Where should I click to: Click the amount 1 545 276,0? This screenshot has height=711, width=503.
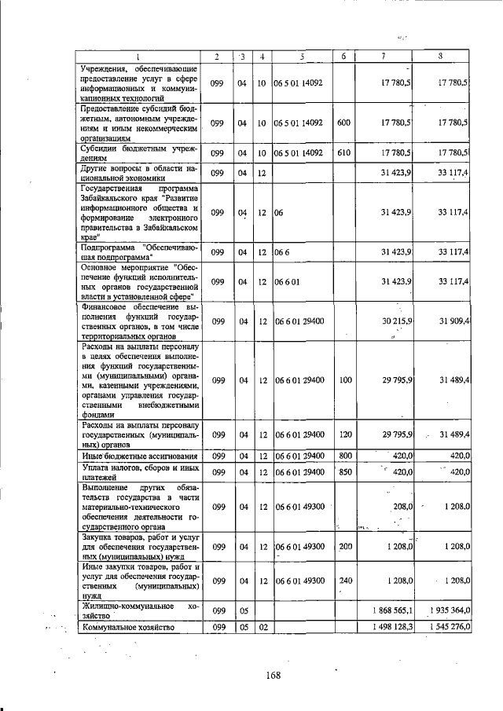[x=445, y=626]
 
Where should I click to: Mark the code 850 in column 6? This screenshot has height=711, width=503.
[x=343, y=471]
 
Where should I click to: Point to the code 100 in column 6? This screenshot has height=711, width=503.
[x=343, y=379]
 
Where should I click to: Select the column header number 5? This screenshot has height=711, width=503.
[x=301, y=56]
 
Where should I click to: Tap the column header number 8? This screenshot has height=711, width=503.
[x=442, y=56]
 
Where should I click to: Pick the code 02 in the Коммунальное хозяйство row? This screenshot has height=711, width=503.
[x=263, y=626]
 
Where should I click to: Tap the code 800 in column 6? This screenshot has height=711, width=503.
[x=343, y=455]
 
